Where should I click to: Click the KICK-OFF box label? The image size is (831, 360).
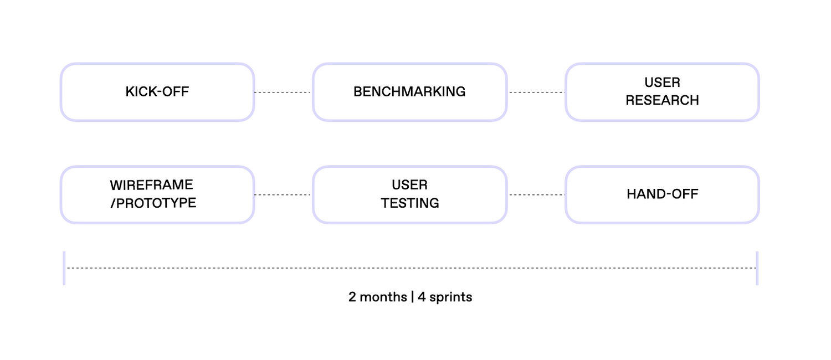[157, 91]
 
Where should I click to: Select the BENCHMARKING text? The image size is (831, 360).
[409, 91]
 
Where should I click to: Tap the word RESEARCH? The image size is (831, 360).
[662, 100]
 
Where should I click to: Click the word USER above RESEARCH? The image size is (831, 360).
[662, 83]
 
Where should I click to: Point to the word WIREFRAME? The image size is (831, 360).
[151, 185]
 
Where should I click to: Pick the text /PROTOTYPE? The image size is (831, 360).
[153, 203]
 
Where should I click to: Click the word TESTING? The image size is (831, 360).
[410, 203]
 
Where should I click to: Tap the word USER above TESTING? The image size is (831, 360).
[409, 184]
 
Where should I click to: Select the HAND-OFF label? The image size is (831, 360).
[663, 194]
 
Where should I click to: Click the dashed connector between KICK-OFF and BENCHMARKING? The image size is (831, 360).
[283, 92]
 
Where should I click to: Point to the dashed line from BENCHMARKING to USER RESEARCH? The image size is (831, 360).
[537, 92]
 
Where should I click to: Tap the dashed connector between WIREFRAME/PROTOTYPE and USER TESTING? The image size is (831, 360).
[283, 194]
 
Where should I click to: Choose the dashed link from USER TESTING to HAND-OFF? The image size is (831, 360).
[537, 194]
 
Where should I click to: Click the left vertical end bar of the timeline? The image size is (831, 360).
[64, 268]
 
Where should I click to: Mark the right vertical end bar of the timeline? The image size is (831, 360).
[757, 268]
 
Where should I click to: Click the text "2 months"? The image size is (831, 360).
[378, 297]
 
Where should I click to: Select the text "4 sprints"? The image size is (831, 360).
[445, 297]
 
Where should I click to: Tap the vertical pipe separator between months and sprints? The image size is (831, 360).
[413, 297]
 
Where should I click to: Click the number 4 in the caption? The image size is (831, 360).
[422, 297]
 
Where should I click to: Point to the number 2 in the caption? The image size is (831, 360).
[352, 297]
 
